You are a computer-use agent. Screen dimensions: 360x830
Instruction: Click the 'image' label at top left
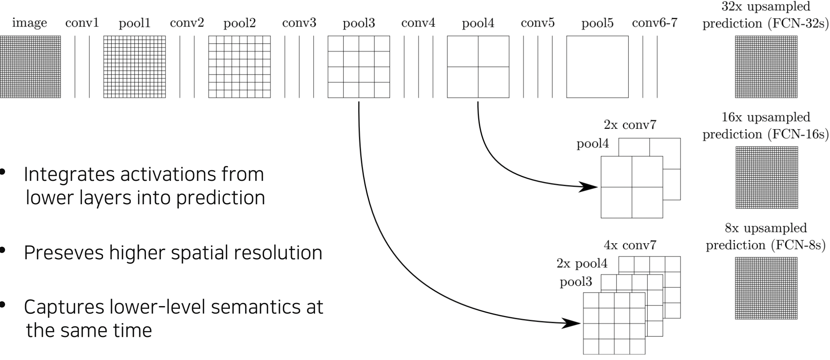coord(29,23)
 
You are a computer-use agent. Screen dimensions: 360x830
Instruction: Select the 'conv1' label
coord(82,23)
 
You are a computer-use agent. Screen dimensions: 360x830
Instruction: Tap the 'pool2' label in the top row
coord(239,23)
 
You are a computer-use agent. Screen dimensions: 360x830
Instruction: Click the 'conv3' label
coord(299,23)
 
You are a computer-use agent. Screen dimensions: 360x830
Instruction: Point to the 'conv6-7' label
coord(654,23)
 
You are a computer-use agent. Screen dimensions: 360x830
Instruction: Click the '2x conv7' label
coord(630,125)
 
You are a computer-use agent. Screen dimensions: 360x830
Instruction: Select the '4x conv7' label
coord(630,245)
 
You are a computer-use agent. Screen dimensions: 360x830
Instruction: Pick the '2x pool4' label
coord(582,264)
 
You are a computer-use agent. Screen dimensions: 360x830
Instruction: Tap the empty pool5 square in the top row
coord(597,67)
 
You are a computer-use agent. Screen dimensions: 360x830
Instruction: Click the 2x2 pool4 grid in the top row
coord(478,67)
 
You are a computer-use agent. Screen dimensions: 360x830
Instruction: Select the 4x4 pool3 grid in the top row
coord(358,67)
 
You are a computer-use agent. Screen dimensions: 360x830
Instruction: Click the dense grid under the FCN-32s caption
coord(766,67)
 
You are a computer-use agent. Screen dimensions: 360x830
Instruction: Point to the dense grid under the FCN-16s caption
coord(766,177)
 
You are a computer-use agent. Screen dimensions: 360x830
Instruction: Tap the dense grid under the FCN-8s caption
coord(766,288)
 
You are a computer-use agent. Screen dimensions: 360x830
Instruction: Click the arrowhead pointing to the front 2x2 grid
coord(589,187)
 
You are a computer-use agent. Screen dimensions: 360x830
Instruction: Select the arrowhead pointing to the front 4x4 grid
coord(572,323)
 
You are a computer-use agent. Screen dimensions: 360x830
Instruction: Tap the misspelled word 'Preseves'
coord(64,253)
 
